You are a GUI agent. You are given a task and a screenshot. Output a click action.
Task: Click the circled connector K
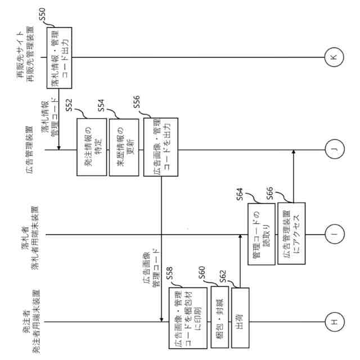[x=333, y=57]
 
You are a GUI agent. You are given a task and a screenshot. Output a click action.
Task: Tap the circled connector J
[x=333, y=150]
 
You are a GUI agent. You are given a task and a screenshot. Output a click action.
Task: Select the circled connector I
[x=333, y=234]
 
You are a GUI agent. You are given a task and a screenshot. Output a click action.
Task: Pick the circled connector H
[x=333, y=322]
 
